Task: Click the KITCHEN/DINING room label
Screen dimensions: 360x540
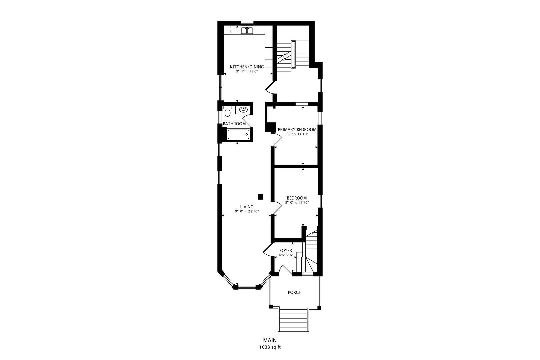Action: click(x=247, y=67)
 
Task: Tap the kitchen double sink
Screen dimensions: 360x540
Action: click(x=247, y=30)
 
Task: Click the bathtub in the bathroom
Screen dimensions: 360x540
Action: click(x=238, y=134)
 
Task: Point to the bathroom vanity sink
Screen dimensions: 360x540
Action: click(x=243, y=109)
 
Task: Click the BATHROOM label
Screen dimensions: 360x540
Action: click(x=234, y=124)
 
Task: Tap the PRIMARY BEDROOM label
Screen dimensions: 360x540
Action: click(x=297, y=129)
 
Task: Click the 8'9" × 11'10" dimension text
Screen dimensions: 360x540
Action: click(x=297, y=134)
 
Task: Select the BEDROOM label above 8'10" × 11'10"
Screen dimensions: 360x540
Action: click(x=297, y=198)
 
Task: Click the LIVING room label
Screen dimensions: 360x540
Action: click(x=247, y=207)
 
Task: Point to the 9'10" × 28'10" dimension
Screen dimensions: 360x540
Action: click(x=247, y=211)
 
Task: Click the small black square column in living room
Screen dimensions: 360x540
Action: click(x=261, y=197)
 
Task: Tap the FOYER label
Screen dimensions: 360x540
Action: click(x=286, y=251)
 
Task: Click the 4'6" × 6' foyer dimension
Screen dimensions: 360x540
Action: click(x=286, y=255)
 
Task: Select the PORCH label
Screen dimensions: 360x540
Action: click(x=295, y=292)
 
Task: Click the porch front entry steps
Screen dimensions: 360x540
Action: click(x=293, y=320)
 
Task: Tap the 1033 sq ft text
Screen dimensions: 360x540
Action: click(x=270, y=347)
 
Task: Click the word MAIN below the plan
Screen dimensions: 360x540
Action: click(x=270, y=340)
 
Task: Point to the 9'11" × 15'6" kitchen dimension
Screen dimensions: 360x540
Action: click(x=247, y=71)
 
